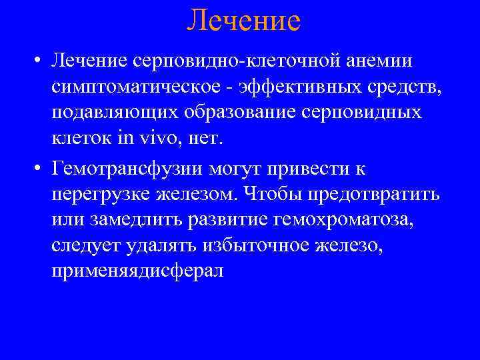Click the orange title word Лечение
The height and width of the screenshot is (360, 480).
point(243,21)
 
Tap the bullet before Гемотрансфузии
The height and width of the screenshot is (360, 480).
point(40,170)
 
